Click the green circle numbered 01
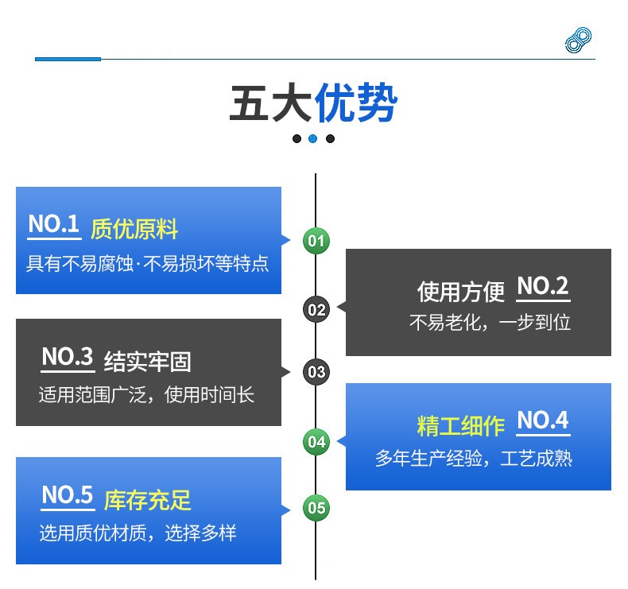click(x=316, y=241)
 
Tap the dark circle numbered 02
click(x=316, y=309)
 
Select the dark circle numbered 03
click(x=316, y=372)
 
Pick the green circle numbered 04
click(x=316, y=442)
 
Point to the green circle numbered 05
click(x=316, y=508)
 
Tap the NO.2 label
click(x=543, y=286)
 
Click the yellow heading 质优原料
click(x=134, y=229)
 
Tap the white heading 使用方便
click(x=460, y=291)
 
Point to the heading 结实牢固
click(x=147, y=362)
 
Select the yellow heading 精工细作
click(x=460, y=425)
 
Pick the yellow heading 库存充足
click(x=147, y=500)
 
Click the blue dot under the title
click(x=313, y=138)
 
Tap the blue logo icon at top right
click(x=579, y=40)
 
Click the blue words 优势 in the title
click(x=355, y=103)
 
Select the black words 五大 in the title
click(x=271, y=103)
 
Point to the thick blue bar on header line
click(x=68, y=60)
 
